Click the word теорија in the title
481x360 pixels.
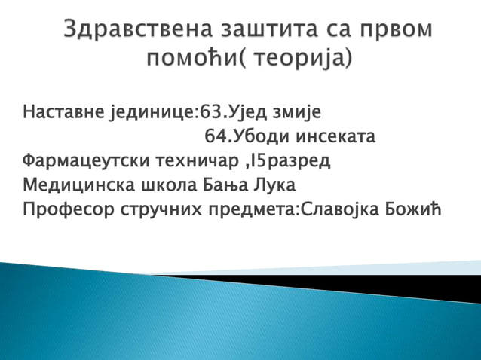tap(301, 58)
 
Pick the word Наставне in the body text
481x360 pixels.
tap(62, 114)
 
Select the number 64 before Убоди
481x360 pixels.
tap(215, 137)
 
